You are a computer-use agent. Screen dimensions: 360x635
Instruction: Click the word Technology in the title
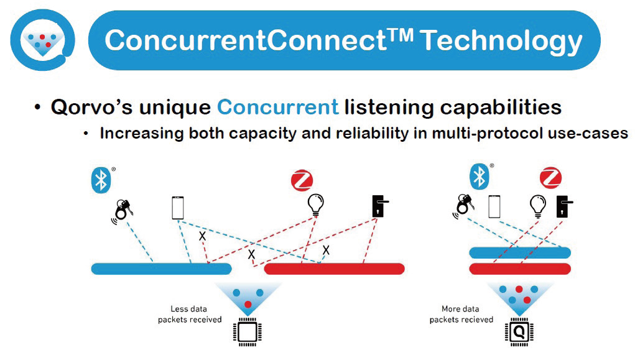click(x=501, y=40)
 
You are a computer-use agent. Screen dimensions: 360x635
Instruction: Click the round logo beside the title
click(x=42, y=39)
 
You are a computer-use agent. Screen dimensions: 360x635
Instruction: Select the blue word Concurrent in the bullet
click(x=277, y=107)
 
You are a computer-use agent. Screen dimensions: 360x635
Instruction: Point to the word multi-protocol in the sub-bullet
click(x=489, y=133)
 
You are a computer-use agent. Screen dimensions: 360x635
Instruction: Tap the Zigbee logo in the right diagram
click(x=550, y=177)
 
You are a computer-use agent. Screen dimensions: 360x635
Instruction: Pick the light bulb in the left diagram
click(x=316, y=206)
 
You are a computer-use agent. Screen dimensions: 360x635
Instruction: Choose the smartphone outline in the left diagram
click(x=178, y=207)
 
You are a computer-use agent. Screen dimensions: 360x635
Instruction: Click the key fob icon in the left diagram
click(x=123, y=210)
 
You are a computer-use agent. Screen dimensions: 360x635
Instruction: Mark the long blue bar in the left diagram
click(x=161, y=269)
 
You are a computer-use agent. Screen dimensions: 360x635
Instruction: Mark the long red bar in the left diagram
click(x=335, y=269)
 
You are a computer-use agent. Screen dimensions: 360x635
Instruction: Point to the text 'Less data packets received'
click(x=189, y=314)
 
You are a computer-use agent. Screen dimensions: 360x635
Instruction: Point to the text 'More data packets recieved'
click(x=461, y=314)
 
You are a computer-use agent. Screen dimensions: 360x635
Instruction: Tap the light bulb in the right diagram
click(x=537, y=206)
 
